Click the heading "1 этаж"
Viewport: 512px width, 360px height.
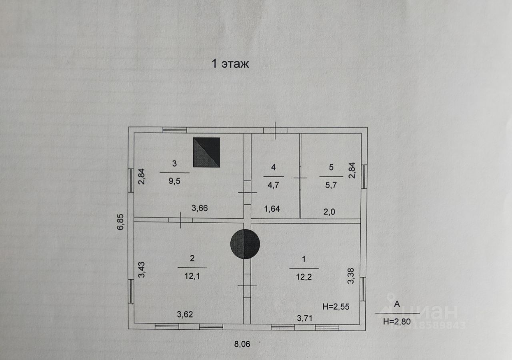coord(230,64)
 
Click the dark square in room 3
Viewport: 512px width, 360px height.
coord(206,152)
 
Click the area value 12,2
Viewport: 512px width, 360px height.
coord(304,276)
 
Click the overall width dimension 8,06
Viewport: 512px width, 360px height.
coord(242,344)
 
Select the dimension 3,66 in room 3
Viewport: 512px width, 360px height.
coord(200,208)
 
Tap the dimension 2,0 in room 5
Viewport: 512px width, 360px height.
coord(329,212)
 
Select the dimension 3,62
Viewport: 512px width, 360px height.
coord(185,314)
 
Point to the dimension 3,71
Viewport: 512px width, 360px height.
coord(304,318)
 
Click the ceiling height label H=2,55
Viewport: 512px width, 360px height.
coord(336,307)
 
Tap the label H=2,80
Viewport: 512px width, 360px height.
coord(396,321)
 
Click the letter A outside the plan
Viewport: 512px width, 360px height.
coord(397,304)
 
